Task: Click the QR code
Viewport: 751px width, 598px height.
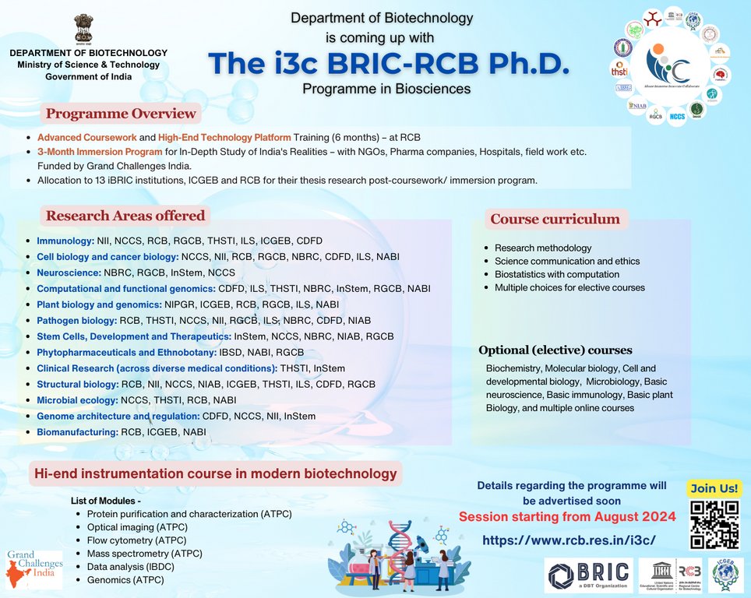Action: [x=714, y=524]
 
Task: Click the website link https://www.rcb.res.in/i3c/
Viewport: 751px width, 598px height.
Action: [x=569, y=540]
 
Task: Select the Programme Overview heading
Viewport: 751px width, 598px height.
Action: [x=121, y=114]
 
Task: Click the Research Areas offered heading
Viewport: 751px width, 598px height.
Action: [x=125, y=216]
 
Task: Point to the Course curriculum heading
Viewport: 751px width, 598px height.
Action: [x=555, y=219]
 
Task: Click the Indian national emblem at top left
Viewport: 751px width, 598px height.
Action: [x=83, y=28]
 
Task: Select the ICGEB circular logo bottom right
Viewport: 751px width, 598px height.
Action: [x=725, y=576]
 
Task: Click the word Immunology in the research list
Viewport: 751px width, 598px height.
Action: [x=65, y=241]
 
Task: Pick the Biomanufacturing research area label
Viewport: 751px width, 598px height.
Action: [x=76, y=431]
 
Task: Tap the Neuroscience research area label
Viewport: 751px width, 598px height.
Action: [x=69, y=273]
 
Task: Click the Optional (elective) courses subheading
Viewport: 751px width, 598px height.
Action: [x=555, y=350]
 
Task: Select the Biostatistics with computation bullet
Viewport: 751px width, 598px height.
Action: [x=557, y=274]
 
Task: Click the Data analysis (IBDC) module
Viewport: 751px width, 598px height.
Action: [x=130, y=566]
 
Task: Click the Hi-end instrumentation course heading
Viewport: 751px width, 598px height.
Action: [x=215, y=473]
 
